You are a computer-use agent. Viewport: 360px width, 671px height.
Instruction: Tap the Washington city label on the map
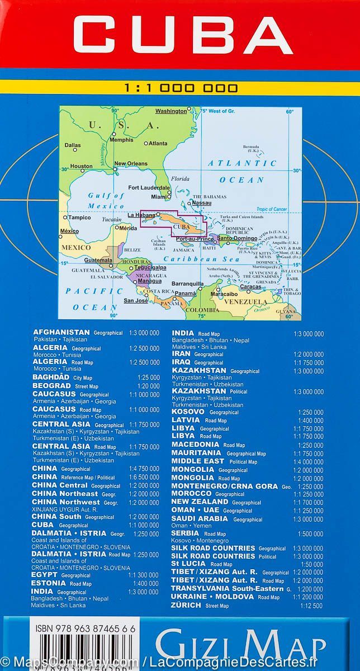coord(171,111)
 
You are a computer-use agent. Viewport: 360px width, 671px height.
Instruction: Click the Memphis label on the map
coord(122,140)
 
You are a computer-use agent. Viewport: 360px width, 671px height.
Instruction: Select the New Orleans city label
coord(131,164)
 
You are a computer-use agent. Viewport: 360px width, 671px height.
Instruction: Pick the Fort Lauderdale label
coord(149,187)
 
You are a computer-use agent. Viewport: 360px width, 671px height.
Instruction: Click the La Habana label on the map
coord(141,215)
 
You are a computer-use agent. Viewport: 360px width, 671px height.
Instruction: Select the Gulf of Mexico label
coord(106,200)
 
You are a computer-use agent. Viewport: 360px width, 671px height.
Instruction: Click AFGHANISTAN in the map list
coord(61,332)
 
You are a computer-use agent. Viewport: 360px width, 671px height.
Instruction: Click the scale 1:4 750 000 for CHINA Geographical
coord(144,469)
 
